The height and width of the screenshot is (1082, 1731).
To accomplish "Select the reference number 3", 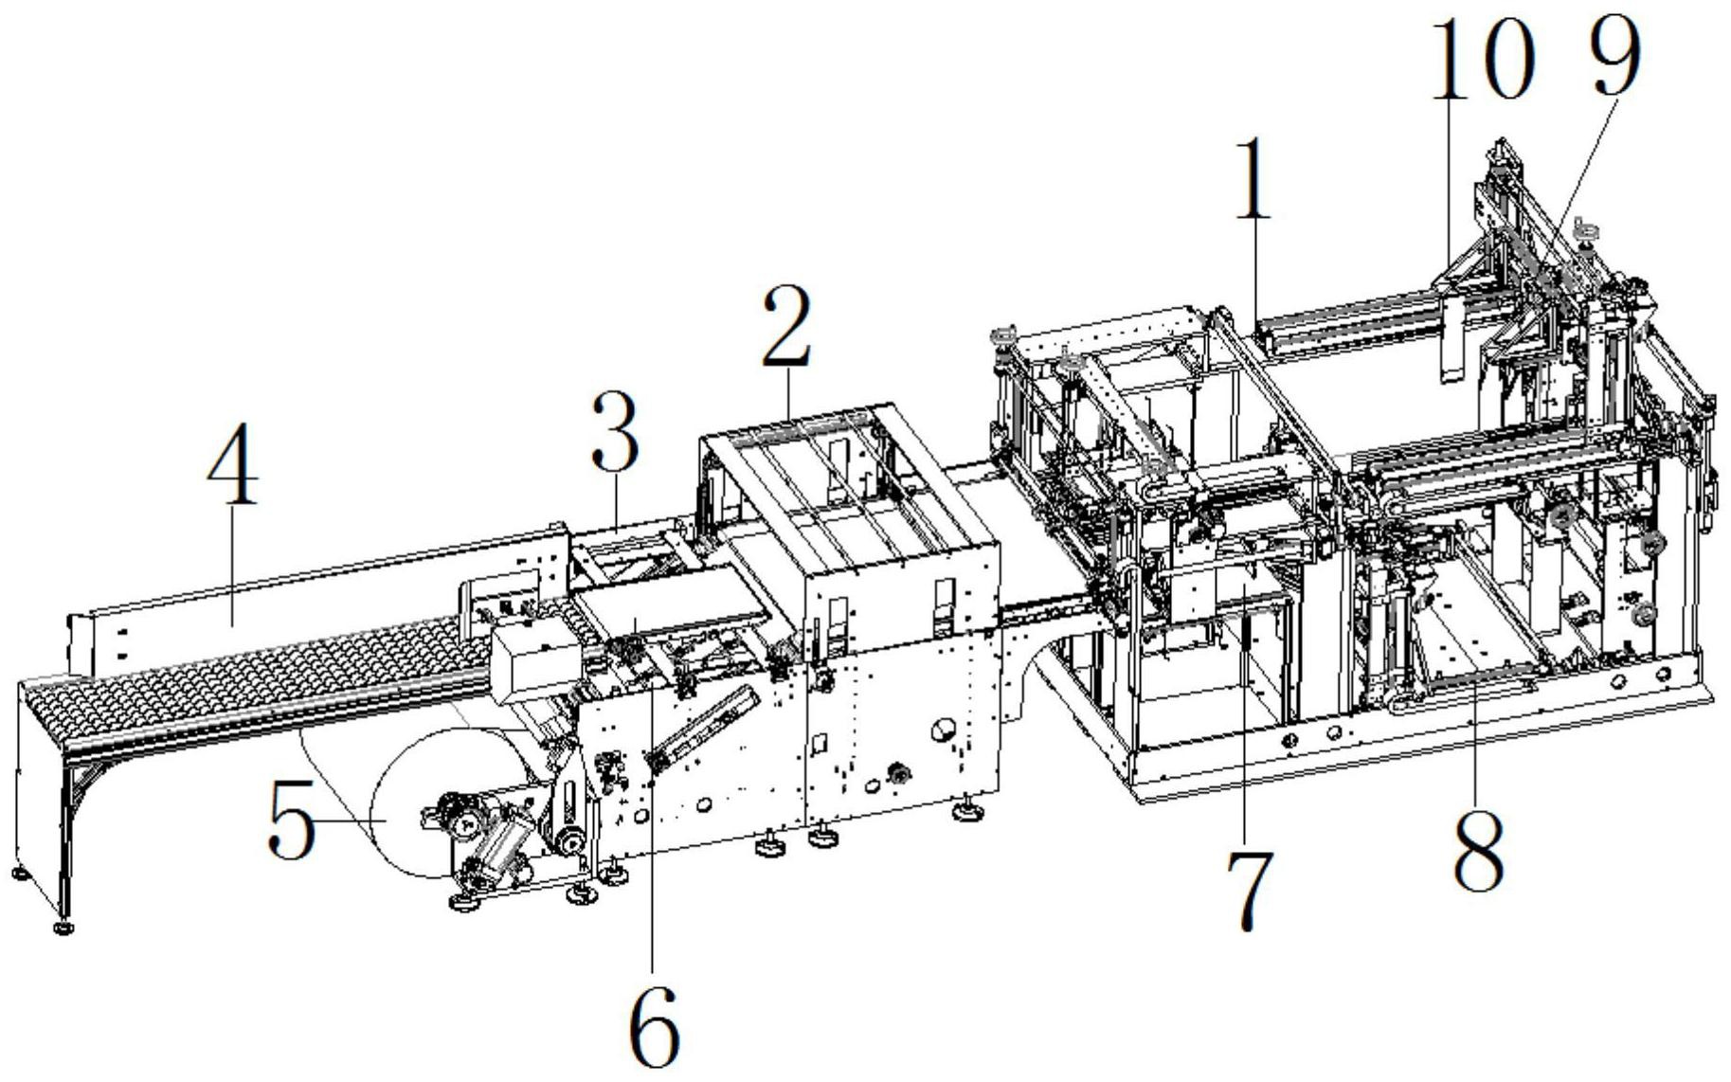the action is point(615,432).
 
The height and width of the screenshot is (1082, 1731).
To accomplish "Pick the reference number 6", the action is point(654,1026).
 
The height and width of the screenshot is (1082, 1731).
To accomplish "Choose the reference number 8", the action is point(1478,850).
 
